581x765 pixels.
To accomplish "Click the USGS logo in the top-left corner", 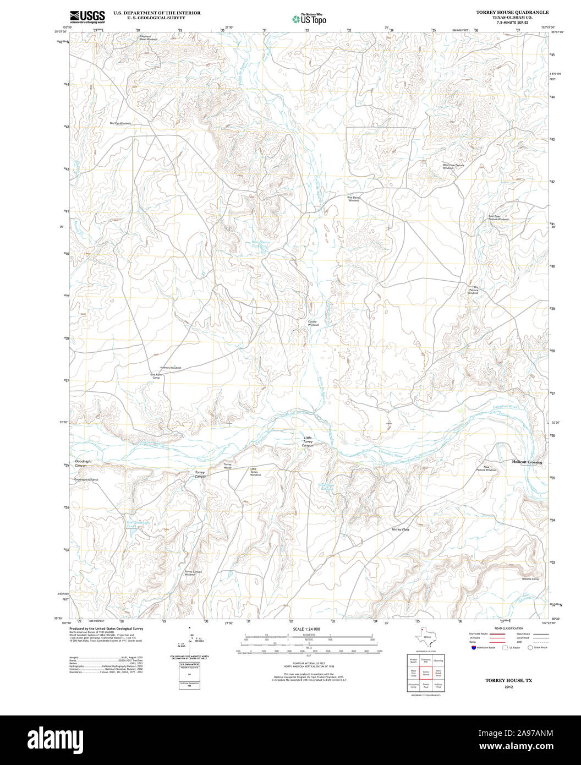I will (87, 17).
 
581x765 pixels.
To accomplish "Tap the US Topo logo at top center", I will (309, 19).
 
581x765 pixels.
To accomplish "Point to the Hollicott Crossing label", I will (527, 462).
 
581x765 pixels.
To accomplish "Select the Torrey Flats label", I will (400, 529).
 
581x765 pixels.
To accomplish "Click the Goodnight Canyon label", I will (81, 464).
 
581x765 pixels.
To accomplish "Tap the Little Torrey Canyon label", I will (308, 441).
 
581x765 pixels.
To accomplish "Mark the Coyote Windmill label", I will (313, 324).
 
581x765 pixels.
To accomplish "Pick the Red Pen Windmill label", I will (120, 123).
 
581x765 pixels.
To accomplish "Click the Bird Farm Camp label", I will (156, 376).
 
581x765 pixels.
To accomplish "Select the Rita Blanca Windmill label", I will (353, 199).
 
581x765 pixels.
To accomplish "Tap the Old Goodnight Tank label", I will (138, 524).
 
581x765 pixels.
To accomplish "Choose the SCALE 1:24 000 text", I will (306, 629).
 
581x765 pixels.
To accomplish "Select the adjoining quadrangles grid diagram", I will (425, 673).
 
